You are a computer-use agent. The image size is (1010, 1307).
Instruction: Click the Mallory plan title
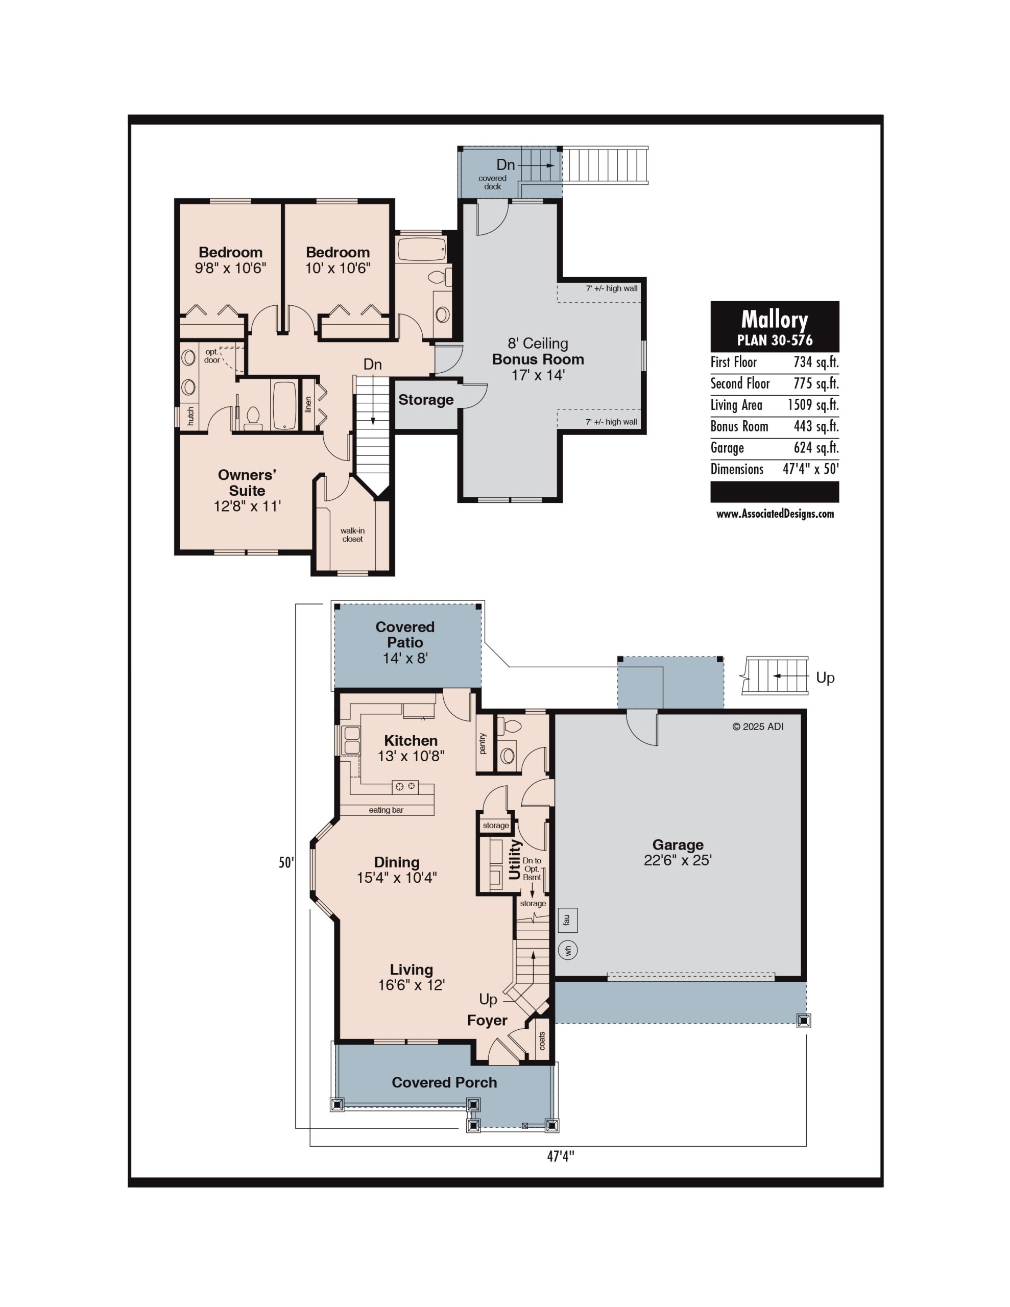click(x=774, y=320)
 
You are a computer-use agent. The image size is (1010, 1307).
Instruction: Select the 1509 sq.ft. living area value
click(x=813, y=405)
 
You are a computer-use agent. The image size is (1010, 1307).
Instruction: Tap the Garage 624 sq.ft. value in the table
click(x=816, y=448)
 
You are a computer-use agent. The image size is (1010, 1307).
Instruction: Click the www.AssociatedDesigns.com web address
click(x=775, y=514)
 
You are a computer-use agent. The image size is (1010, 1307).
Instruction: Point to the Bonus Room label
click(x=538, y=359)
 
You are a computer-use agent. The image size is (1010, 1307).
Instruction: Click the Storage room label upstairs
click(x=426, y=400)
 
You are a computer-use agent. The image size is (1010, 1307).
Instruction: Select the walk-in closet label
click(x=353, y=535)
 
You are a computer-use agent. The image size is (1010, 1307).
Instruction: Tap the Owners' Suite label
click(x=247, y=482)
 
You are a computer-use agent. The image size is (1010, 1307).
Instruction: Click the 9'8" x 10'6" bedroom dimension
click(x=230, y=268)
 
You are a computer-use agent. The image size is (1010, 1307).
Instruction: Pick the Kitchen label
click(x=411, y=740)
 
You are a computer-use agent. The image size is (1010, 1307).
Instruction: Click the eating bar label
click(x=386, y=810)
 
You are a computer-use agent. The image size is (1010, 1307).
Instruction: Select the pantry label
click(x=483, y=743)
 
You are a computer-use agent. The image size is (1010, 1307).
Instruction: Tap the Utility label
click(x=515, y=859)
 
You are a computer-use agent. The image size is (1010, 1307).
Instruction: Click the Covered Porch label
click(x=444, y=1082)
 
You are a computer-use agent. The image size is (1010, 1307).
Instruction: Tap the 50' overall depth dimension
click(x=286, y=862)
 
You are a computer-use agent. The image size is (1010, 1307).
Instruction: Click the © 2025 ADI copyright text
click(x=757, y=727)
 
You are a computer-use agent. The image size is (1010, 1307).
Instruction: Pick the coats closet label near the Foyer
click(x=542, y=1040)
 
